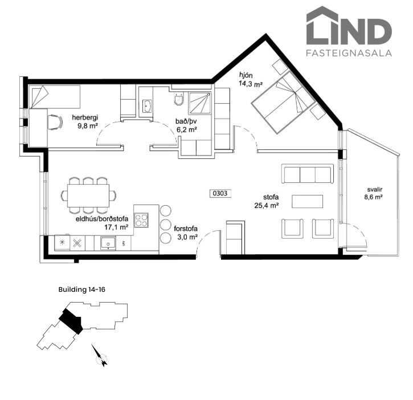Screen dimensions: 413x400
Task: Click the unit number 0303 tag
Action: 220,193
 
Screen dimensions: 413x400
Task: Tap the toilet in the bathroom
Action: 178,99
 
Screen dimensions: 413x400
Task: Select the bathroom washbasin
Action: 147,106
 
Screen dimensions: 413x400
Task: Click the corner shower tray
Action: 200,103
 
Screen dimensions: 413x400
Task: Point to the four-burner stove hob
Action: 141,221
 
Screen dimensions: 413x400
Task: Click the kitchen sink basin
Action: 108,243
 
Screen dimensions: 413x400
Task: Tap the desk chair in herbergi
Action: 55,122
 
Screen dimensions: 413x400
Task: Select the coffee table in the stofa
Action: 307,201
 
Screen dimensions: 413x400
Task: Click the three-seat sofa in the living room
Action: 308,174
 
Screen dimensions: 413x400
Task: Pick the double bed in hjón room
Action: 284,102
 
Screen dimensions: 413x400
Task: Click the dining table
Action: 88,195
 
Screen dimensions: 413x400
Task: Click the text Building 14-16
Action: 81,289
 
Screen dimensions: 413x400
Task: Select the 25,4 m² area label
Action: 267,206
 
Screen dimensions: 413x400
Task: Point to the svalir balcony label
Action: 374,190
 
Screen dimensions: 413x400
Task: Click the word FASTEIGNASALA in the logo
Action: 349,53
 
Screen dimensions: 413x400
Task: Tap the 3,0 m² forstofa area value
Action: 187,237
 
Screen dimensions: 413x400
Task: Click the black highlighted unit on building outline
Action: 71,321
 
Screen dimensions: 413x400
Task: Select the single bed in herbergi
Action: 55,97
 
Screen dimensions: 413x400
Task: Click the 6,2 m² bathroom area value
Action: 187,130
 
